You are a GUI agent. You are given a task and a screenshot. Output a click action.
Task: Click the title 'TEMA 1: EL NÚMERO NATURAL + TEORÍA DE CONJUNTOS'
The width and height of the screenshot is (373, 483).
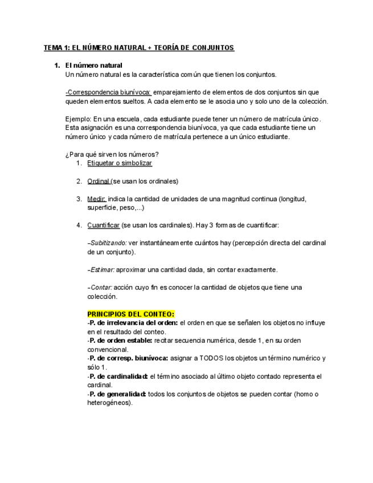pyautogui.click(x=139, y=48)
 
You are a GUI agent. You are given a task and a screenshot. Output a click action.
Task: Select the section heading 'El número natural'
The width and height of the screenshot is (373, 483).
pyautogui.click(x=94, y=66)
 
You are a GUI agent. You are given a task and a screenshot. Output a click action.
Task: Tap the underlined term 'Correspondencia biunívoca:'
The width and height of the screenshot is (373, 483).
pyautogui.click(x=109, y=92)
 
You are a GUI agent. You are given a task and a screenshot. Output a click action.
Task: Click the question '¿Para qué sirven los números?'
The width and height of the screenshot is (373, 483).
pyautogui.click(x=112, y=154)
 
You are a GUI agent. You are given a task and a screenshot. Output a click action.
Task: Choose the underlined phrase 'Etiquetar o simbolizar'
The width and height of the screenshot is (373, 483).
pyautogui.click(x=120, y=163)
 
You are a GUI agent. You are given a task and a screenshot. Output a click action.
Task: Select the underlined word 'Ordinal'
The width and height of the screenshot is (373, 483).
pyautogui.click(x=99, y=181)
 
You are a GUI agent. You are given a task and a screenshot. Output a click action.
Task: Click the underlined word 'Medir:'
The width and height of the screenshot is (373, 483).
pyautogui.click(x=97, y=199)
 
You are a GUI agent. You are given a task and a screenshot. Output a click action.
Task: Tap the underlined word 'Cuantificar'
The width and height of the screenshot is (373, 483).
pyautogui.click(x=104, y=226)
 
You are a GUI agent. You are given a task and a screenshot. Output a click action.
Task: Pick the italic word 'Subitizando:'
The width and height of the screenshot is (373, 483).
pyautogui.click(x=108, y=243)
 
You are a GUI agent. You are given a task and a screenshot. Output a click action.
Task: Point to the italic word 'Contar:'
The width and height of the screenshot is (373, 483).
pyautogui.click(x=101, y=288)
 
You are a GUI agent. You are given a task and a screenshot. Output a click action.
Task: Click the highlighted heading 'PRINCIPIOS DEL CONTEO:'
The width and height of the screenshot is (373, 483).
pyautogui.click(x=131, y=314)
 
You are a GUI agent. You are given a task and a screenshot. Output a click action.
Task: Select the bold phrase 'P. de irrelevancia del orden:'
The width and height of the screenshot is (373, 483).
pyautogui.click(x=133, y=322)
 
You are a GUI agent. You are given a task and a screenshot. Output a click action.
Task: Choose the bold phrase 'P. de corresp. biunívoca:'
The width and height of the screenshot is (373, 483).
pyautogui.click(x=128, y=358)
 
